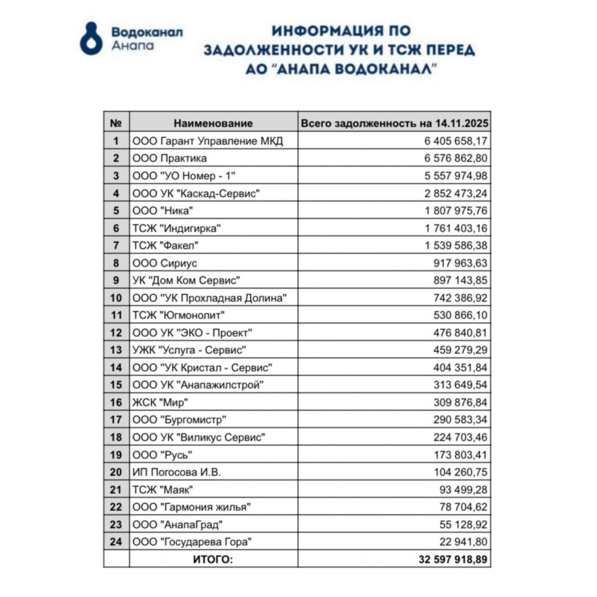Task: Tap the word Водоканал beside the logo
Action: pos(147,31)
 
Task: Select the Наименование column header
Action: pos(213,123)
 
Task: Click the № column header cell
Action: pos(116,123)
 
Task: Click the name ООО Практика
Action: pos(170,159)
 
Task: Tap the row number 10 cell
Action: pos(116,298)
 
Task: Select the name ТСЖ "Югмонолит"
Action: pos(179,315)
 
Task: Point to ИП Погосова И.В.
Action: pos(177,472)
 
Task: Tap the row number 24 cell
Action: pos(116,542)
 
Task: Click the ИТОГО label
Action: pos(213,560)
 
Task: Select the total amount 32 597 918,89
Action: pos(452,560)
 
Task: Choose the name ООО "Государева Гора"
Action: pos(192,542)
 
